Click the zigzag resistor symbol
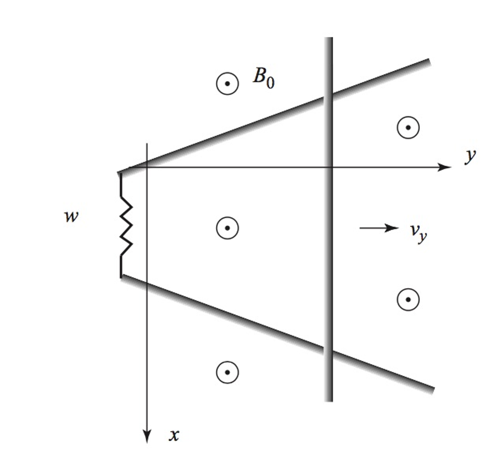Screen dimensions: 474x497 click(x=126, y=225)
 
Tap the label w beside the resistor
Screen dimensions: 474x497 click(x=71, y=216)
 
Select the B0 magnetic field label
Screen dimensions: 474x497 click(x=263, y=78)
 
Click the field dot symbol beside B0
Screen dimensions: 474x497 click(x=227, y=84)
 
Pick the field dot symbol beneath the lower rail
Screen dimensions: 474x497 click(x=227, y=372)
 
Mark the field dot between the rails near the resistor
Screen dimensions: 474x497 click(x=227, y=228)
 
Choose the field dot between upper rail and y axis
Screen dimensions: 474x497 click(x=408, y=127)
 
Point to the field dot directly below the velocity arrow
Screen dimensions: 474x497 click(x=408, y=299)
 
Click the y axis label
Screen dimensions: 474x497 click(x=470, y=157)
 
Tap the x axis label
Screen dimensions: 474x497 click(x=174, y=435)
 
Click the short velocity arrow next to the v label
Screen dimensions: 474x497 click(x=379, y=228)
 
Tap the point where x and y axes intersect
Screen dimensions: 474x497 click(x=147, y=167)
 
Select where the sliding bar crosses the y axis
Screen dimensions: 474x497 click(x=329, y=167)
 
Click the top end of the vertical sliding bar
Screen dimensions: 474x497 click(x=329, y=39)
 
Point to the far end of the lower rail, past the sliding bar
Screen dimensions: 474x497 click(x=431, y=389)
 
